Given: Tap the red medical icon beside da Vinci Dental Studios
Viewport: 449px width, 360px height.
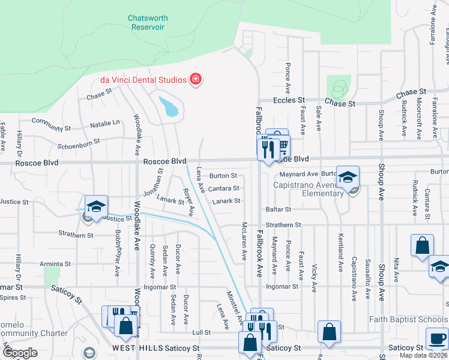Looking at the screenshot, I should [195, 79].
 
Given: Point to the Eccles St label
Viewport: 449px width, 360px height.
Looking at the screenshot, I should [289, 101].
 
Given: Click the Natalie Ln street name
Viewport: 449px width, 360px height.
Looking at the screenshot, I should [104, 123].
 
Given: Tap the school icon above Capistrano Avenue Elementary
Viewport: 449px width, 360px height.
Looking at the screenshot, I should [348, 176].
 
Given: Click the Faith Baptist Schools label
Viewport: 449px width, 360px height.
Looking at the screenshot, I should [409, 319].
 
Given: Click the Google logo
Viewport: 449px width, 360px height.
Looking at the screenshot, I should [20, 353].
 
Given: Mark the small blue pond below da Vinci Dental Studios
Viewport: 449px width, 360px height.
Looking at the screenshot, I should [169, 106].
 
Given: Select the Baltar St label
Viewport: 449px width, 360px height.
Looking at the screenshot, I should [279, 209].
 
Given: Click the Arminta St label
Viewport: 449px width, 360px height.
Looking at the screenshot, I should [55, 263].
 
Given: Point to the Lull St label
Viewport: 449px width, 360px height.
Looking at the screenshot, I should [202, 332].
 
